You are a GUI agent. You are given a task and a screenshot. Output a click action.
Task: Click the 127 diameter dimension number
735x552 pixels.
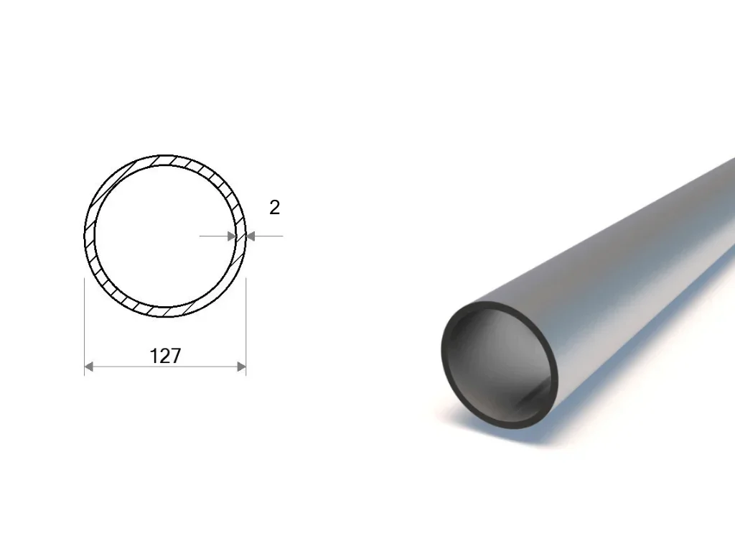[165, 356]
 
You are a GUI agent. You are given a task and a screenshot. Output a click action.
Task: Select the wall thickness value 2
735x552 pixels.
[275, 208]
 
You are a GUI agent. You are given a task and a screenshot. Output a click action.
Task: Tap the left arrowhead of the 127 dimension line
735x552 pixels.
[88, 367]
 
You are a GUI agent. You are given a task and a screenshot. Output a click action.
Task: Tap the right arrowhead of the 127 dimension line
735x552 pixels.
[241, 367]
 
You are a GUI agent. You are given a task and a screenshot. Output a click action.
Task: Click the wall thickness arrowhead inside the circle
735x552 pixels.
[232, 236]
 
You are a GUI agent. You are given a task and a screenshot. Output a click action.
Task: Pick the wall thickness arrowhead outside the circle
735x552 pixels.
[251, 236]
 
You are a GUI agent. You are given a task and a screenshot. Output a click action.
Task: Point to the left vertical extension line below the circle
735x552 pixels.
[85, 327]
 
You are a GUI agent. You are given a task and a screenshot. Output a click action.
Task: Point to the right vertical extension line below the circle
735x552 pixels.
[245, 327]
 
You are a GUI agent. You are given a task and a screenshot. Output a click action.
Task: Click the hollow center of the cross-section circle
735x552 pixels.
[165, 236]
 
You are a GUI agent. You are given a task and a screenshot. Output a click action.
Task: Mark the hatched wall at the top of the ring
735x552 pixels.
[165, 160]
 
